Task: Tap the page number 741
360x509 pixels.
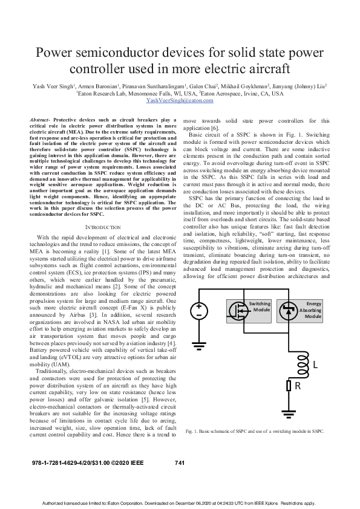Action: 179,462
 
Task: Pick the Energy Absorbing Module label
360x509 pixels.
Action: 313,309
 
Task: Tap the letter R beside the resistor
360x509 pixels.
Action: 298,386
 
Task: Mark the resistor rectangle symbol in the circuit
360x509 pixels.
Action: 289,386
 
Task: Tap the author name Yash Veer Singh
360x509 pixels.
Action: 53,86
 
